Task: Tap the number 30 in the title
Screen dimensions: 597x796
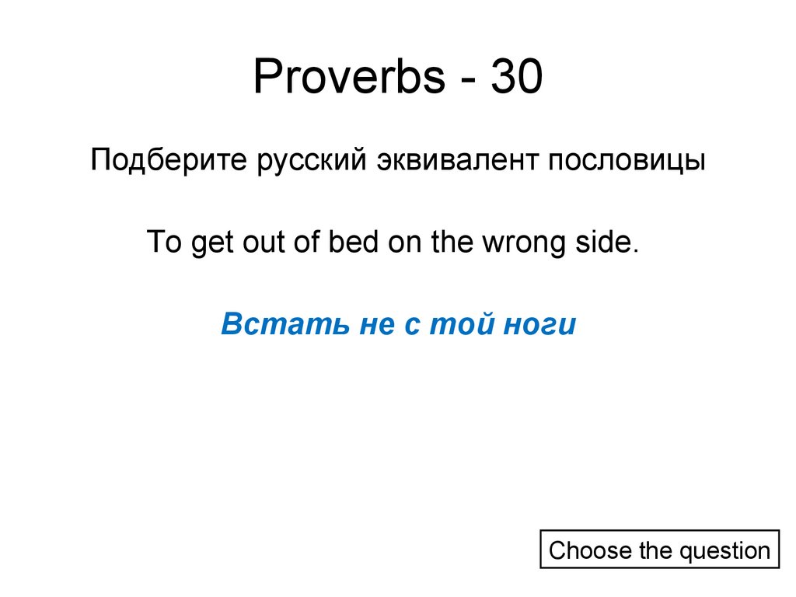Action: tap(515, 79)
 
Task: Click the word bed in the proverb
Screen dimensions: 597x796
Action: tap(352, 243)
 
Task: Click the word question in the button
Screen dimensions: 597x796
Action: tap(724, 551)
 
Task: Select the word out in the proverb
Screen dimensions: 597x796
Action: tap(255, 243)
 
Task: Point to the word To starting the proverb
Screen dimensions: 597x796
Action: tap(163, 243)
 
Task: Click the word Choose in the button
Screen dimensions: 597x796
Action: tap(590, 551)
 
